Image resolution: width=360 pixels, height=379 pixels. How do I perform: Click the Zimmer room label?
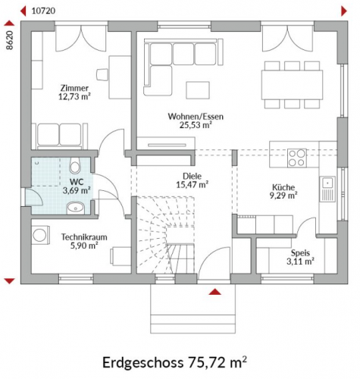(74, 88)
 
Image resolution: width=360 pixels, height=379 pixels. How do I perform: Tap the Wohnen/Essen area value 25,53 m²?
(196, 125)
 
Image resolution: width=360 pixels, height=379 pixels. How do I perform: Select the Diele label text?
(193, 176)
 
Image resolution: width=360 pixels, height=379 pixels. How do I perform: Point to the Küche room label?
(283, 187)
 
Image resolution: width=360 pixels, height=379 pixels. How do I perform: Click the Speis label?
(300, 252)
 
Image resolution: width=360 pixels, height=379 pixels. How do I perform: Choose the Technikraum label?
(84, 237)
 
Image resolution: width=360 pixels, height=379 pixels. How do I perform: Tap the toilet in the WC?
(74, 165)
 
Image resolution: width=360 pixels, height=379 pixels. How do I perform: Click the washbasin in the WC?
(75, 208)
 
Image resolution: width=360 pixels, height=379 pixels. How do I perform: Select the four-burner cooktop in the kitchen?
(297, 158)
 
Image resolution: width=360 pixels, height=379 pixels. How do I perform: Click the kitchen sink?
(327, 189)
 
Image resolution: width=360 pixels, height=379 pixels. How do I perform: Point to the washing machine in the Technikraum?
(40, 235)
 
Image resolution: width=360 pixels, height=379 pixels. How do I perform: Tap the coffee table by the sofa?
(198, 90)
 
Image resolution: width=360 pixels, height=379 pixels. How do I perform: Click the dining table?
(293, 85)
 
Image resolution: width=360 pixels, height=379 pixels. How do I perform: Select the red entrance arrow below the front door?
(215, 292)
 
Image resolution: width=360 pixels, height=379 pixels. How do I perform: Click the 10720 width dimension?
(43, 11)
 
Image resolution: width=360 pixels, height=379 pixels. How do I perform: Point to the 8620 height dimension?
(9, 40)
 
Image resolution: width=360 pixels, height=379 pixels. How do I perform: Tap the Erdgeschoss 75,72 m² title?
(174, 362)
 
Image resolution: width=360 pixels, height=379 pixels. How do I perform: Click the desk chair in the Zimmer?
(102, 74)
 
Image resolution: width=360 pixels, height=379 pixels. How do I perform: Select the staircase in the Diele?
(166, 235)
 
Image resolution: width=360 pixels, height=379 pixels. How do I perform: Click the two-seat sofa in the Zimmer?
(60, 136)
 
